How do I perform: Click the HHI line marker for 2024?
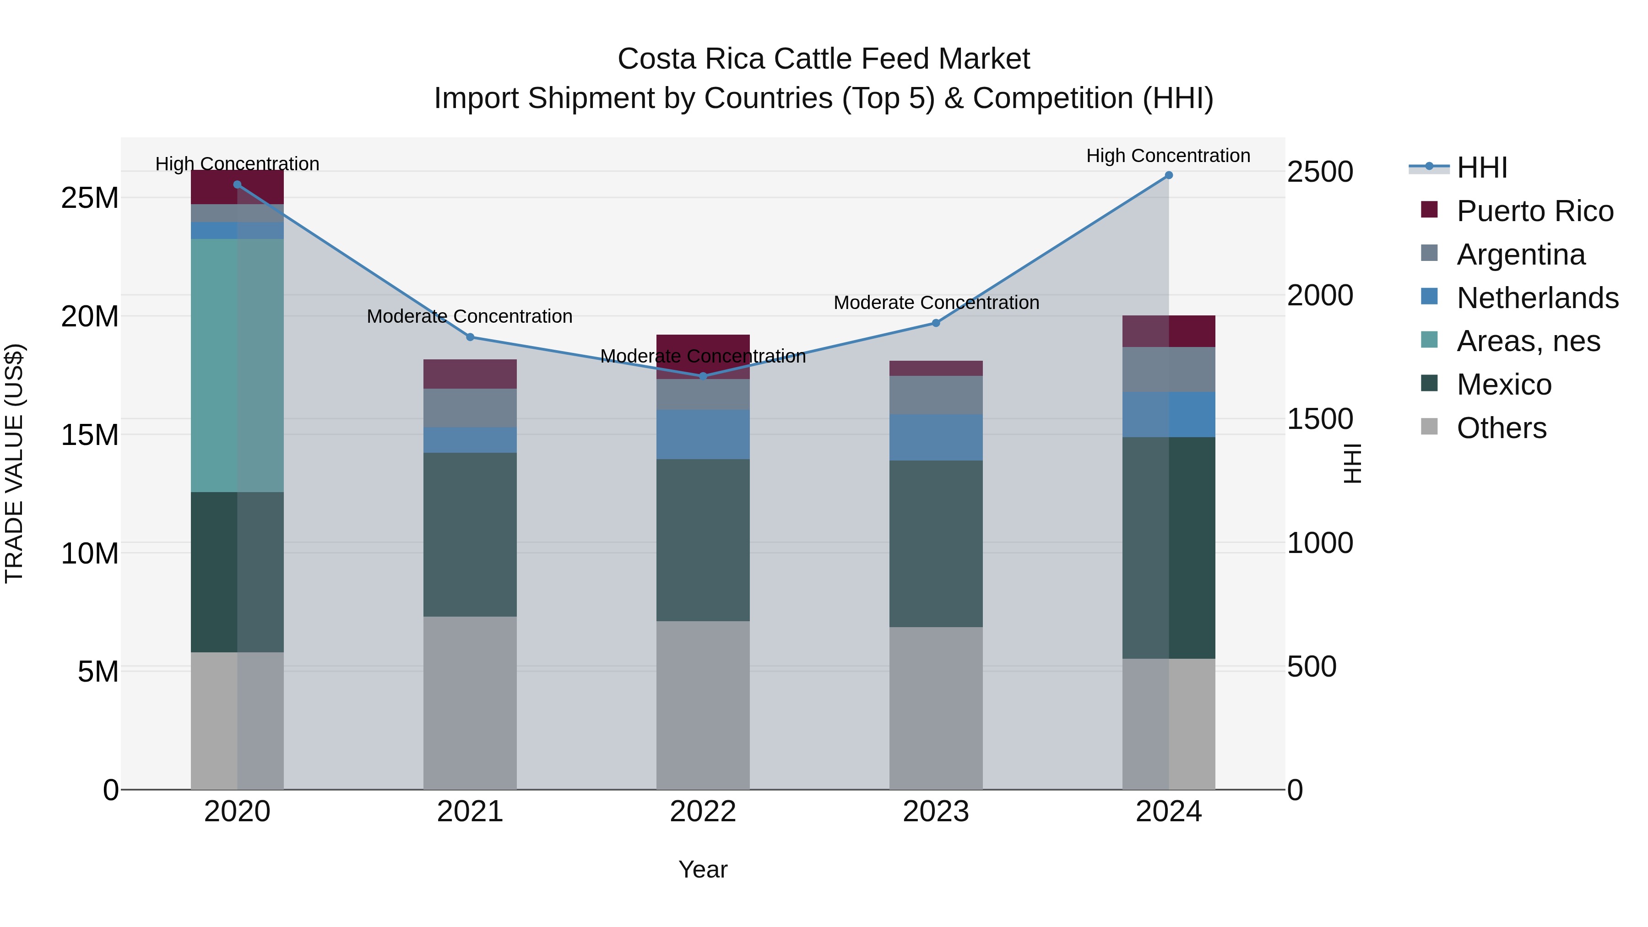(x=1168, y=175)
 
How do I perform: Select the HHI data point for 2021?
(x=470, y=337)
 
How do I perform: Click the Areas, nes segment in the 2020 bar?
(x=237, y=365)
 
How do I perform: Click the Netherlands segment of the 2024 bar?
(x=1168, y=415)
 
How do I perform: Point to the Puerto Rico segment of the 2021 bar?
(x=470, y=374)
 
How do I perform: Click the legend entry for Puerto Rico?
(x=1535, y=211)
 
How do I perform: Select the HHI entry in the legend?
(x=1482, y=168)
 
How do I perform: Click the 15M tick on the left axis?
(x=90, y=435)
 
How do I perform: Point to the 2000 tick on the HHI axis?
(x=1319, y=296)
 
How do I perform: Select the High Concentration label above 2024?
(x=1168, y=156)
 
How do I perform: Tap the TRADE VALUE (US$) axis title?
(x=14, y=463)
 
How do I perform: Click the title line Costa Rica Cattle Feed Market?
(x=824, y=59)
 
